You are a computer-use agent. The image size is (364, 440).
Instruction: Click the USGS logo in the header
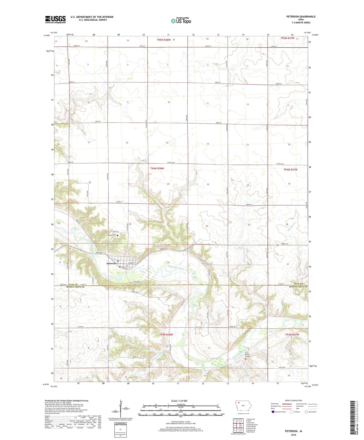tap(55, 19)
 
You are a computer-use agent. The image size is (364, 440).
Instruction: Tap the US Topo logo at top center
tap(181, 21)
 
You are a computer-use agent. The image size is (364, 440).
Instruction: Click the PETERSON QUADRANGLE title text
tap(301, 17)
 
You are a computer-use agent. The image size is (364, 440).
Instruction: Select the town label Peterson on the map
tap(111, 264)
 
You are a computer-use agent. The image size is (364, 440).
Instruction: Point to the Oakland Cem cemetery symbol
tap(117, 235)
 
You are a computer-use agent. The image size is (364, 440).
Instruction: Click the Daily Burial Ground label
tap(248, 355)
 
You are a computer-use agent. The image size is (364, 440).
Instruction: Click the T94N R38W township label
tap(157, 168)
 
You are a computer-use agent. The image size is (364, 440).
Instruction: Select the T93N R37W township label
tap(292, 335)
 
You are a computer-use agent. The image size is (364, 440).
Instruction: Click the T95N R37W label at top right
tap(287, 38)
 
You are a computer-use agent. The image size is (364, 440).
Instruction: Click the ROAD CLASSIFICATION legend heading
tap(293, 400)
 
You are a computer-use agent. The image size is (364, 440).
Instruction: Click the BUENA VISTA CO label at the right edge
tap(298, 287)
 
